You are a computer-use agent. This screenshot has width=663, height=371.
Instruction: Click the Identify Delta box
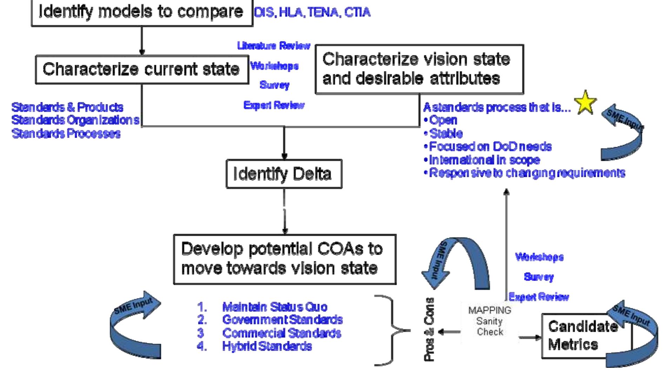[x=284, y=174]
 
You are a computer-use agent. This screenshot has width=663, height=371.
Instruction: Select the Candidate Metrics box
[x=582, y=335]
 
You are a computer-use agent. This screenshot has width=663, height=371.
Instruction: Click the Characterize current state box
[x=142, y=69]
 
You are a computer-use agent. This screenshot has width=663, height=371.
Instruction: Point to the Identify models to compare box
[x=142, y=12]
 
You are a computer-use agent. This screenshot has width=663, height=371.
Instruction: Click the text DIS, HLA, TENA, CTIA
[x=312, y=13]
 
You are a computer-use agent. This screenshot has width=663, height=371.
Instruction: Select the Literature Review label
[x=274, y=46]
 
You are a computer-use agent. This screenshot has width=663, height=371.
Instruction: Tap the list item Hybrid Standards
[x=267, y=346]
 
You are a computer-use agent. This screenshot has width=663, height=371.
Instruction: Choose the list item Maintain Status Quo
[x=274, y=307]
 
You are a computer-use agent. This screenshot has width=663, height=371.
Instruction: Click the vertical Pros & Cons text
[x=429, y=329]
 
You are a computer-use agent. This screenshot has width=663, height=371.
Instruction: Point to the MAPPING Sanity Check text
[x=490, y=321]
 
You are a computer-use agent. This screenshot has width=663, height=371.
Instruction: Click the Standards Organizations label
[x=75, y=120]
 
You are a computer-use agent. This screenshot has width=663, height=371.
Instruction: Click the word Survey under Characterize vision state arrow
[x=538, y=277]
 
